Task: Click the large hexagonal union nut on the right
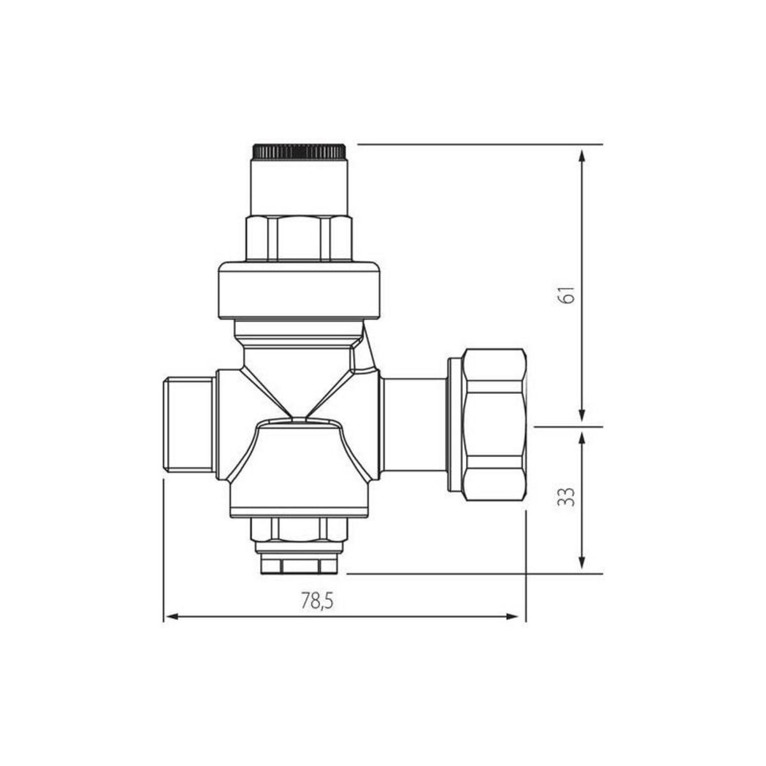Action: click(495, 424)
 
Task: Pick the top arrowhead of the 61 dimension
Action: click(581, 156)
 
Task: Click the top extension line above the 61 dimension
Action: click(479, 145)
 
